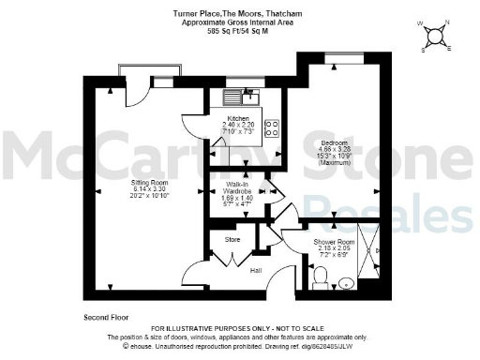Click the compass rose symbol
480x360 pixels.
pos(435,36)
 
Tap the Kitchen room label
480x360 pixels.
pos(238,118)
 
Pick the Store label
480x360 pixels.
pos(232,240)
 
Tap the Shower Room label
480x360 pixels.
pos(332,242)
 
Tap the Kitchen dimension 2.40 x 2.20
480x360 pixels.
pos(238,125)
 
